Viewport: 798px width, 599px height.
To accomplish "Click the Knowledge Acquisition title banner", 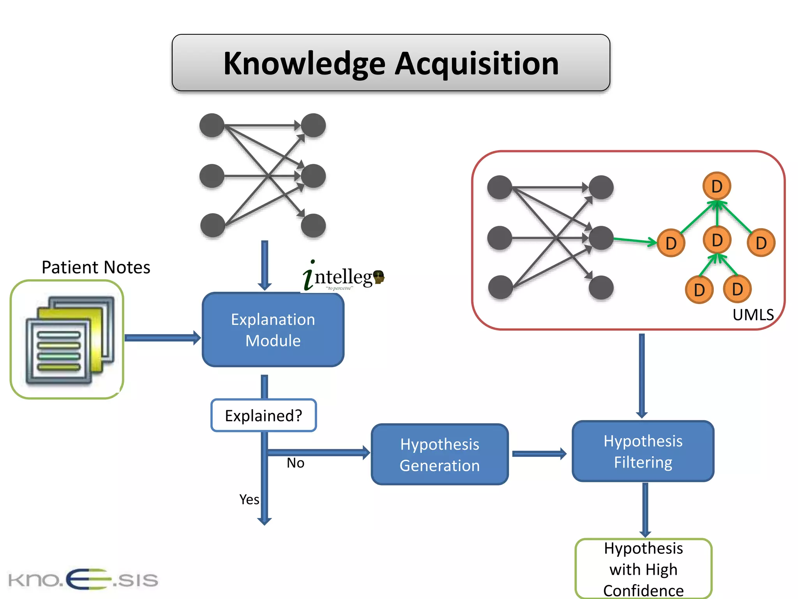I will [391, 63].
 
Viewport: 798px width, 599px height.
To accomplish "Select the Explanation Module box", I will [273, 330].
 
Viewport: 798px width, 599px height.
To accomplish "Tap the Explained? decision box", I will [263, 415].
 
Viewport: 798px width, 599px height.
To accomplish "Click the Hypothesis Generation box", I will [440, 455].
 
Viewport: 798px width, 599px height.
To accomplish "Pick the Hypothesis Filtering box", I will [643, 452].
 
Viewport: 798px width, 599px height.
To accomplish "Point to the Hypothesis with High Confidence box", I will [643, 569].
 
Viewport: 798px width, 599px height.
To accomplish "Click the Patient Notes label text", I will [96, 268].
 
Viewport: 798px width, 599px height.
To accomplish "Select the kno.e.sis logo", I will [83, 580].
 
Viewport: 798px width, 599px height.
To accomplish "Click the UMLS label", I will [753, 315].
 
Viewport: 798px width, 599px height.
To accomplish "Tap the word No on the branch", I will [295, 463].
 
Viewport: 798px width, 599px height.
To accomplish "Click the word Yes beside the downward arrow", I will [249, 500].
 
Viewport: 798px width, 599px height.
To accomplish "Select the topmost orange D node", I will [717, 186].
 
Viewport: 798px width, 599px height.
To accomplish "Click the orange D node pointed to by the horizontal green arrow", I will [671, 243].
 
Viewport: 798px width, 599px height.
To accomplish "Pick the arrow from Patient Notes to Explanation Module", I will [162, 338].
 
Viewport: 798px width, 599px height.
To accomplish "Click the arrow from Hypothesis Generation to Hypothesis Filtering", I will [539, 454].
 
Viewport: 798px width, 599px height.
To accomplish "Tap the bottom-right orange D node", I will [737, 289].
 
